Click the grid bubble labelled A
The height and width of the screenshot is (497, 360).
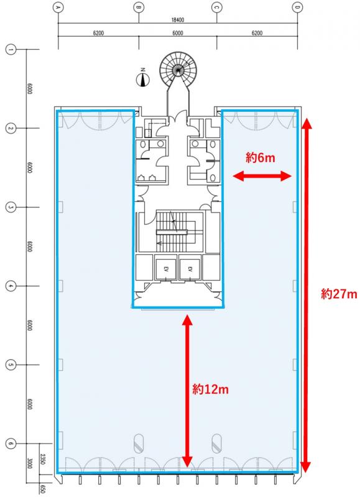[58, 7]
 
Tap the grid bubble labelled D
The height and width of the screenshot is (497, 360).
[298, 7]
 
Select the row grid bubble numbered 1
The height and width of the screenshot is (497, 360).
[11, 50]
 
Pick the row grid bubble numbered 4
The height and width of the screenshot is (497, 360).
[11, 286]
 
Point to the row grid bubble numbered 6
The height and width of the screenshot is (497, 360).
[11, 444]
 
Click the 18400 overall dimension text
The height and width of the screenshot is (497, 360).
[178, 20]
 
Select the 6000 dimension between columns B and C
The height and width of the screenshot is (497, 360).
[178, 33]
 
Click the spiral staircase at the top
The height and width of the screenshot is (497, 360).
[178, 69]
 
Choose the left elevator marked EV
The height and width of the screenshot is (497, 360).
[165, 269]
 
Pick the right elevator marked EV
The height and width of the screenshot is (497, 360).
[190, 269]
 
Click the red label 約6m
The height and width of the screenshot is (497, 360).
[260, 157]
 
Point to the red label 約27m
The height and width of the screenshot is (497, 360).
[339, 294]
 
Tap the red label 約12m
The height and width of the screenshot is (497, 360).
[210, 389]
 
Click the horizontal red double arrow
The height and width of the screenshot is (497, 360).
[262, 176]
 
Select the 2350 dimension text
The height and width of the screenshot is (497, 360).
[42, 458]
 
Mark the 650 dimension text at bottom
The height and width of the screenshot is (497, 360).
[42, 488]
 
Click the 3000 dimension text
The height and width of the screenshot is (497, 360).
[29, 463]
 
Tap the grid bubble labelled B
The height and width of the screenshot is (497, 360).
[139, 7]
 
